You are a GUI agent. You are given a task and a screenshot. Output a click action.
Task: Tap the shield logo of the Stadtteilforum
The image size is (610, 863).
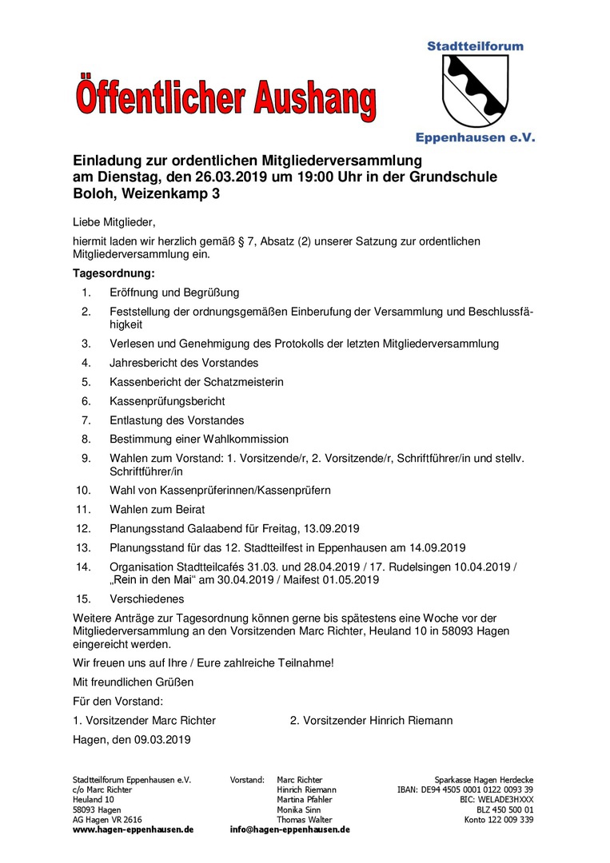(475, 90)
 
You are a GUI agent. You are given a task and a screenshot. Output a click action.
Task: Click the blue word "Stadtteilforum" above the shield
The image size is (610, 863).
(475, 46)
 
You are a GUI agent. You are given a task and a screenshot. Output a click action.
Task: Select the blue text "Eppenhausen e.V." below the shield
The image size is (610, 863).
(475, 137)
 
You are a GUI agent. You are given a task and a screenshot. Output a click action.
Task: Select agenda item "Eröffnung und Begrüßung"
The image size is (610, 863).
(174, 292)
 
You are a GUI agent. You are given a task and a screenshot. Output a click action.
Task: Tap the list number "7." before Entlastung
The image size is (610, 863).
(86, 420)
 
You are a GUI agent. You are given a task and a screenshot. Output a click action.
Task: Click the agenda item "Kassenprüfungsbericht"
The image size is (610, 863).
(167, 401)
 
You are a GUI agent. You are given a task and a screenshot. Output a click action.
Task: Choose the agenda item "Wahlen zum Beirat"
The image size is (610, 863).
(157, 509)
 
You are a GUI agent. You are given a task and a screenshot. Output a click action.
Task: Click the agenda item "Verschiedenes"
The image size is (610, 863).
(147, 599)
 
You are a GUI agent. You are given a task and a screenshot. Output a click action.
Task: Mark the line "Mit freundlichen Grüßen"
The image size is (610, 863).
(133, 682)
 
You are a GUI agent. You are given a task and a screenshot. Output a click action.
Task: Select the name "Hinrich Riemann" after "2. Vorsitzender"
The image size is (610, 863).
(411, 720)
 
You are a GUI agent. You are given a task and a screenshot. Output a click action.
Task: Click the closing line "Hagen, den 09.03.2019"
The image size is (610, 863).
(131, 739)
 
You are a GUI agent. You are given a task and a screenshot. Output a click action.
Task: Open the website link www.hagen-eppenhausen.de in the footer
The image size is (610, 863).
(133, 829)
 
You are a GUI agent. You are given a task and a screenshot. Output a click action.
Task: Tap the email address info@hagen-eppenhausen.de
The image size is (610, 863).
(289, 829)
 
